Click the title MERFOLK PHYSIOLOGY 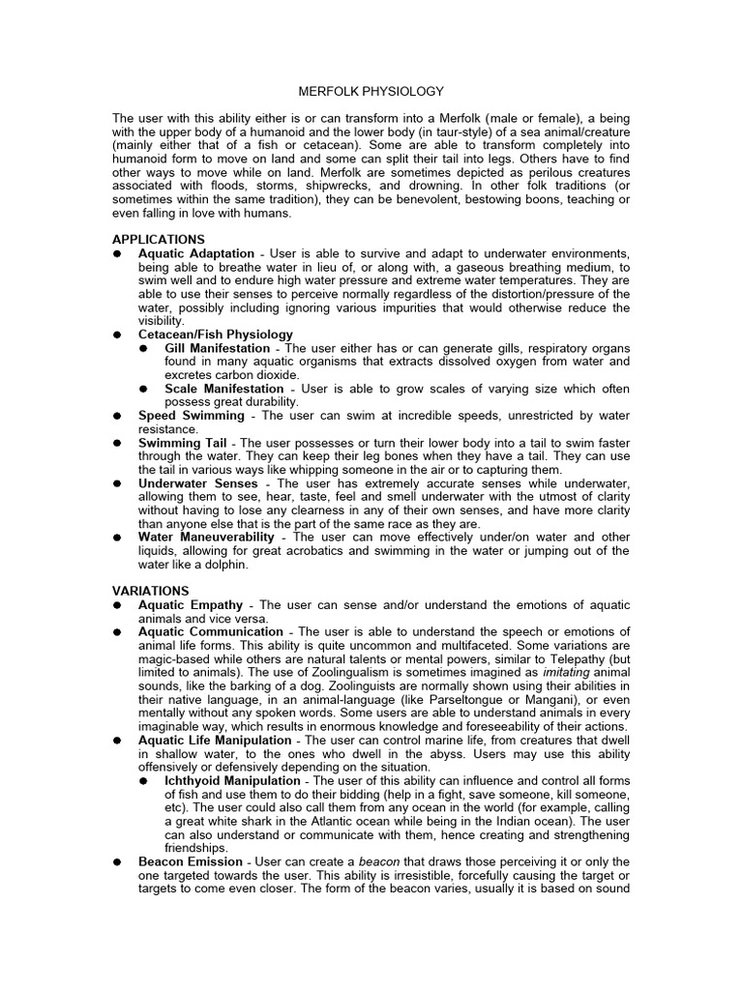(371, 91)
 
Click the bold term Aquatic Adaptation (196, 252)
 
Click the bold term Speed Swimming (192, 416)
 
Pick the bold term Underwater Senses (198, 482)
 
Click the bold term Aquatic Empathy (191, 604)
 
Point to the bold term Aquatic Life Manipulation (215, 740)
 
